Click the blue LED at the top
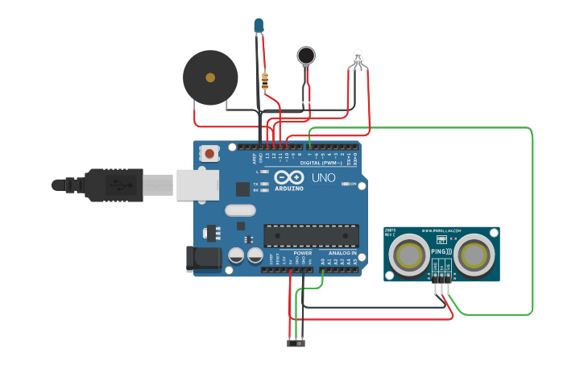pyautogui.click(x=258, y=26)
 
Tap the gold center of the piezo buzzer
pyautogui.click(x=210, y=78)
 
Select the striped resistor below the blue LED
pyautogui.click(x=266, y=80)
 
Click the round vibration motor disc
pyautogui.click(x=306, y=55)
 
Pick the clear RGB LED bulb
pyautogui.click(x=358, y=56)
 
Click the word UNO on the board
pyautogui.click(x=323, y=176)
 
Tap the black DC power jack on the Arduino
pyautogui.click(x=203, y=259)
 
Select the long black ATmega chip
pyautogui.click(x=311, y=235)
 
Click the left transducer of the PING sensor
pyautogui.click(x=410, y=255)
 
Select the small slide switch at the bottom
pyautogui.click(x=296, y=345)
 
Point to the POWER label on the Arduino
pyautogui.click(x=303, y=252)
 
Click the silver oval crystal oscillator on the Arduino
pyautogui.click(x=239, y=211)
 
